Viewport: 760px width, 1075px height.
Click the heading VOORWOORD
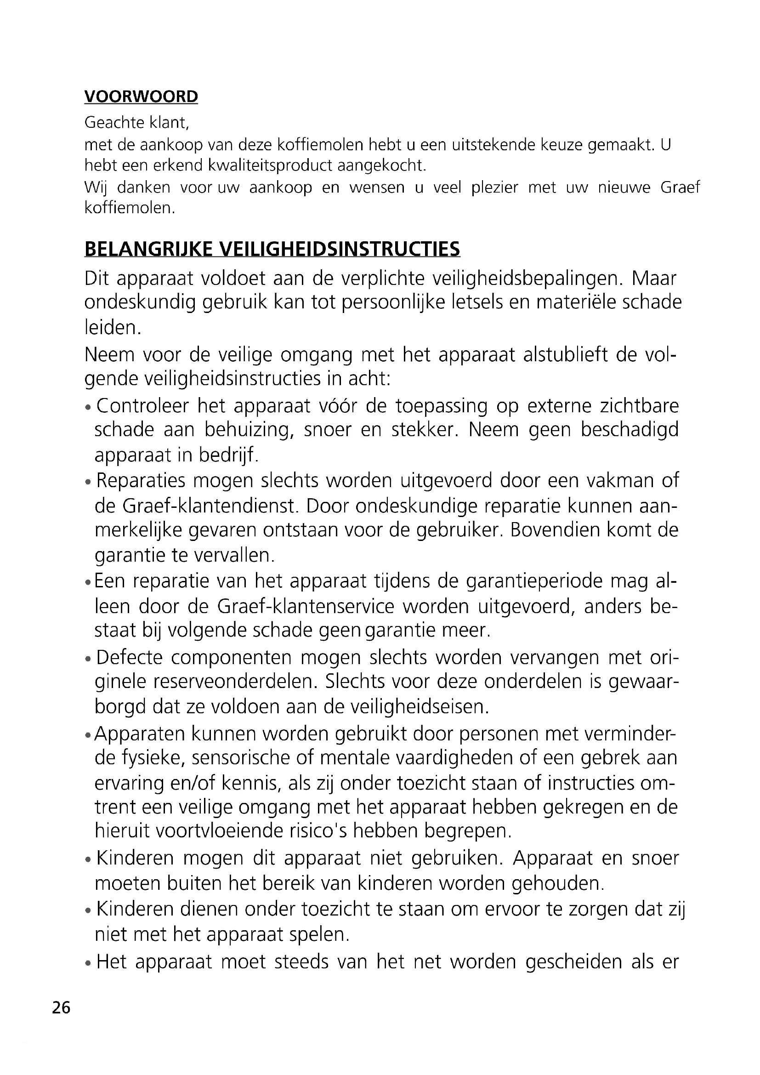click(x=141, y=97)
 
